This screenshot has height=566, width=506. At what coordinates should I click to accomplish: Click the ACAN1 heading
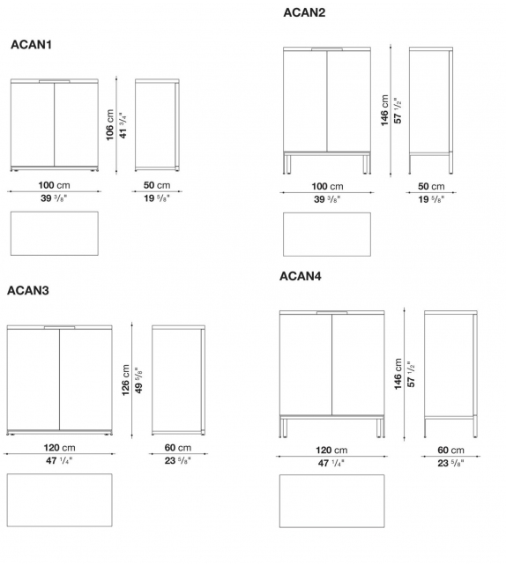click(x=31, y=44)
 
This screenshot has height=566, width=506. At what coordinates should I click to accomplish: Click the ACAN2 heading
click(x=304, y=12)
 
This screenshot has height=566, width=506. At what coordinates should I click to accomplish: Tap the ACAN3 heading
click(x=27, y=290)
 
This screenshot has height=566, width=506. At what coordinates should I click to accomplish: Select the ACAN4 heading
click(x=301, y=276)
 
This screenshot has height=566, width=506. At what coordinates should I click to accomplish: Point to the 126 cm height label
click(x=126, y=381)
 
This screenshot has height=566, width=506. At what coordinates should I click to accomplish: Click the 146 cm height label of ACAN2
click(x=385, y=111)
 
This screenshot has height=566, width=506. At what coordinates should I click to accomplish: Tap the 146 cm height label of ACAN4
click(x=398, y=375)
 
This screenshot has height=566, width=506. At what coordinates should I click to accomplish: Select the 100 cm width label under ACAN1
click(x=55, y=186)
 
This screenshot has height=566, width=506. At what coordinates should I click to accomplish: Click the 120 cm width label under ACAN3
click(x=59, y=448)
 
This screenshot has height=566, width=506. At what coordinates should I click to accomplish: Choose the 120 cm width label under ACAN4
click(x=331, y=451)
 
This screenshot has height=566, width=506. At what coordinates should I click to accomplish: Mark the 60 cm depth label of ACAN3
click(x=177, y=448)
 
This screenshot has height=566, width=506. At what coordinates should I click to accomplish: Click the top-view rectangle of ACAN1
click(x=55, y=234)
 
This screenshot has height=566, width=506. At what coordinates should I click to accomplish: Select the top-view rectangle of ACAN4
click(x=331, y=502)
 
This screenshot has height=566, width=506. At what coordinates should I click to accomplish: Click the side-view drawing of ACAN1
click(x=157, y=125)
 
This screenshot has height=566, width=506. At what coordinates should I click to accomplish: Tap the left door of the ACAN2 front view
click(x=305, y=101)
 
